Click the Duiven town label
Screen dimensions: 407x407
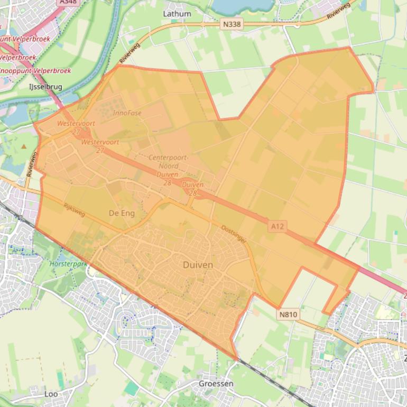point(198,265)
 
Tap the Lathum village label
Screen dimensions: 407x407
point(177,13)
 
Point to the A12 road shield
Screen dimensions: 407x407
point(277,226)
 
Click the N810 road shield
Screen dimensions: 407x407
point(288,314)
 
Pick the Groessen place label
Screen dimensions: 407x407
point(216,383)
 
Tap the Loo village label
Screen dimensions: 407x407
point(51,394)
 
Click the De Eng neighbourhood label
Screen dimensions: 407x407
point(122,213)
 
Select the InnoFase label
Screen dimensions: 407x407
point(127,113)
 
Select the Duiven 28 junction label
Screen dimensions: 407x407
point(192,189)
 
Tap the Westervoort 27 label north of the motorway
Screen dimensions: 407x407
point(76,127)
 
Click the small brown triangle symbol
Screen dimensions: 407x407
point(23,146)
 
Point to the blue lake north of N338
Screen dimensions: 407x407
point(243,6)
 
